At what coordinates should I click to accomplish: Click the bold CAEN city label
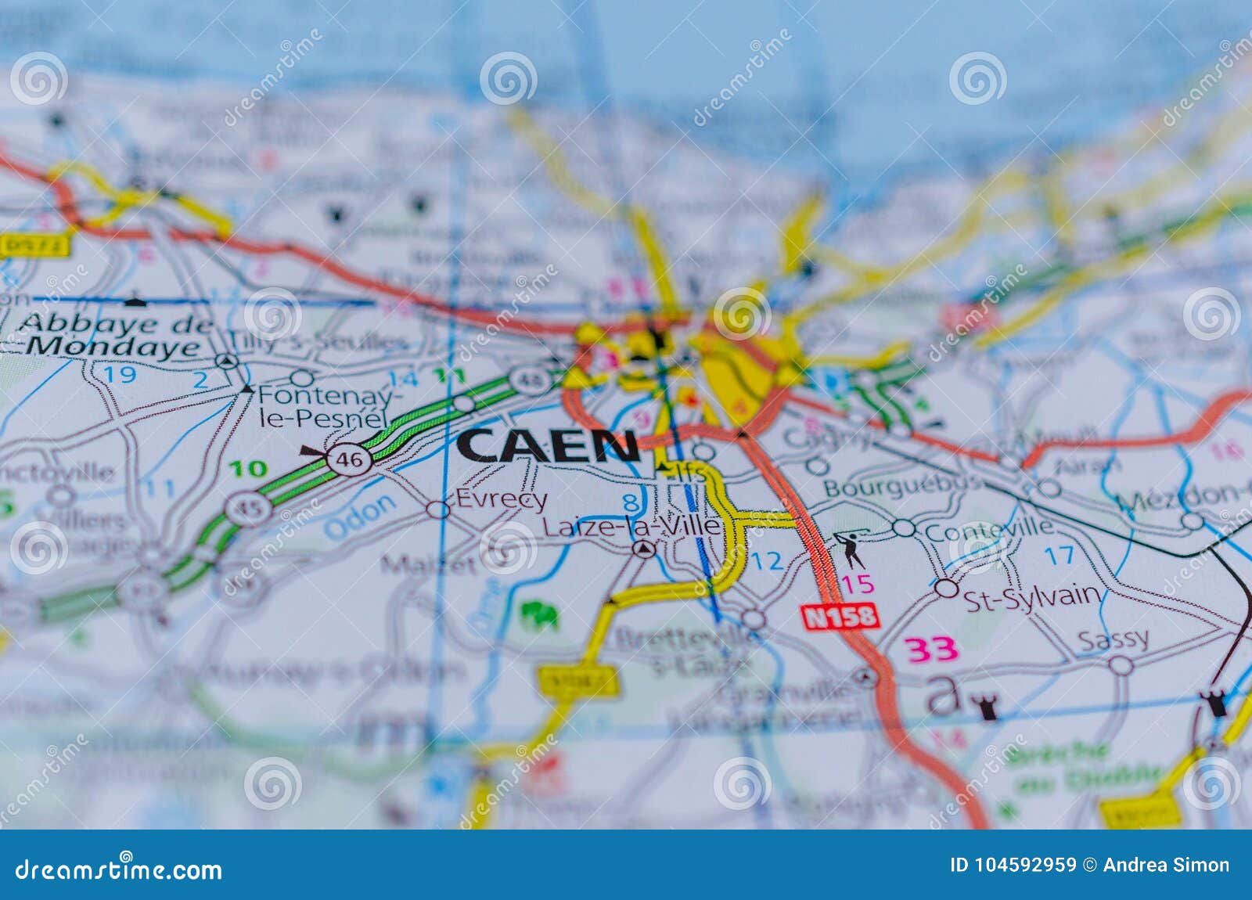(x=548, y=446)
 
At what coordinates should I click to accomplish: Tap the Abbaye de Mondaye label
(x=110, y=335)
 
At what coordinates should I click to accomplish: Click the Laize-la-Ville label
(x=630, y=527)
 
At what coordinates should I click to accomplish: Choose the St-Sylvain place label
(x=1031, y=599)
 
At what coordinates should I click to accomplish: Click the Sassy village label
(x=1113, y=640)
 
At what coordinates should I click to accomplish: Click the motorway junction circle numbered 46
(x=349, y=460)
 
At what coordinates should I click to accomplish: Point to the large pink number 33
(x=931, y=649)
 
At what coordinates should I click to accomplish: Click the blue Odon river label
(x=360, y=517)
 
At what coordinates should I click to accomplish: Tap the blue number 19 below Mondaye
(x=121, y=374)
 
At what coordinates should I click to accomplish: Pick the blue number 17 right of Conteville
(x=1060, y=556)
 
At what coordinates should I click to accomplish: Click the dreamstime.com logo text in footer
(x=119, y=869)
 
